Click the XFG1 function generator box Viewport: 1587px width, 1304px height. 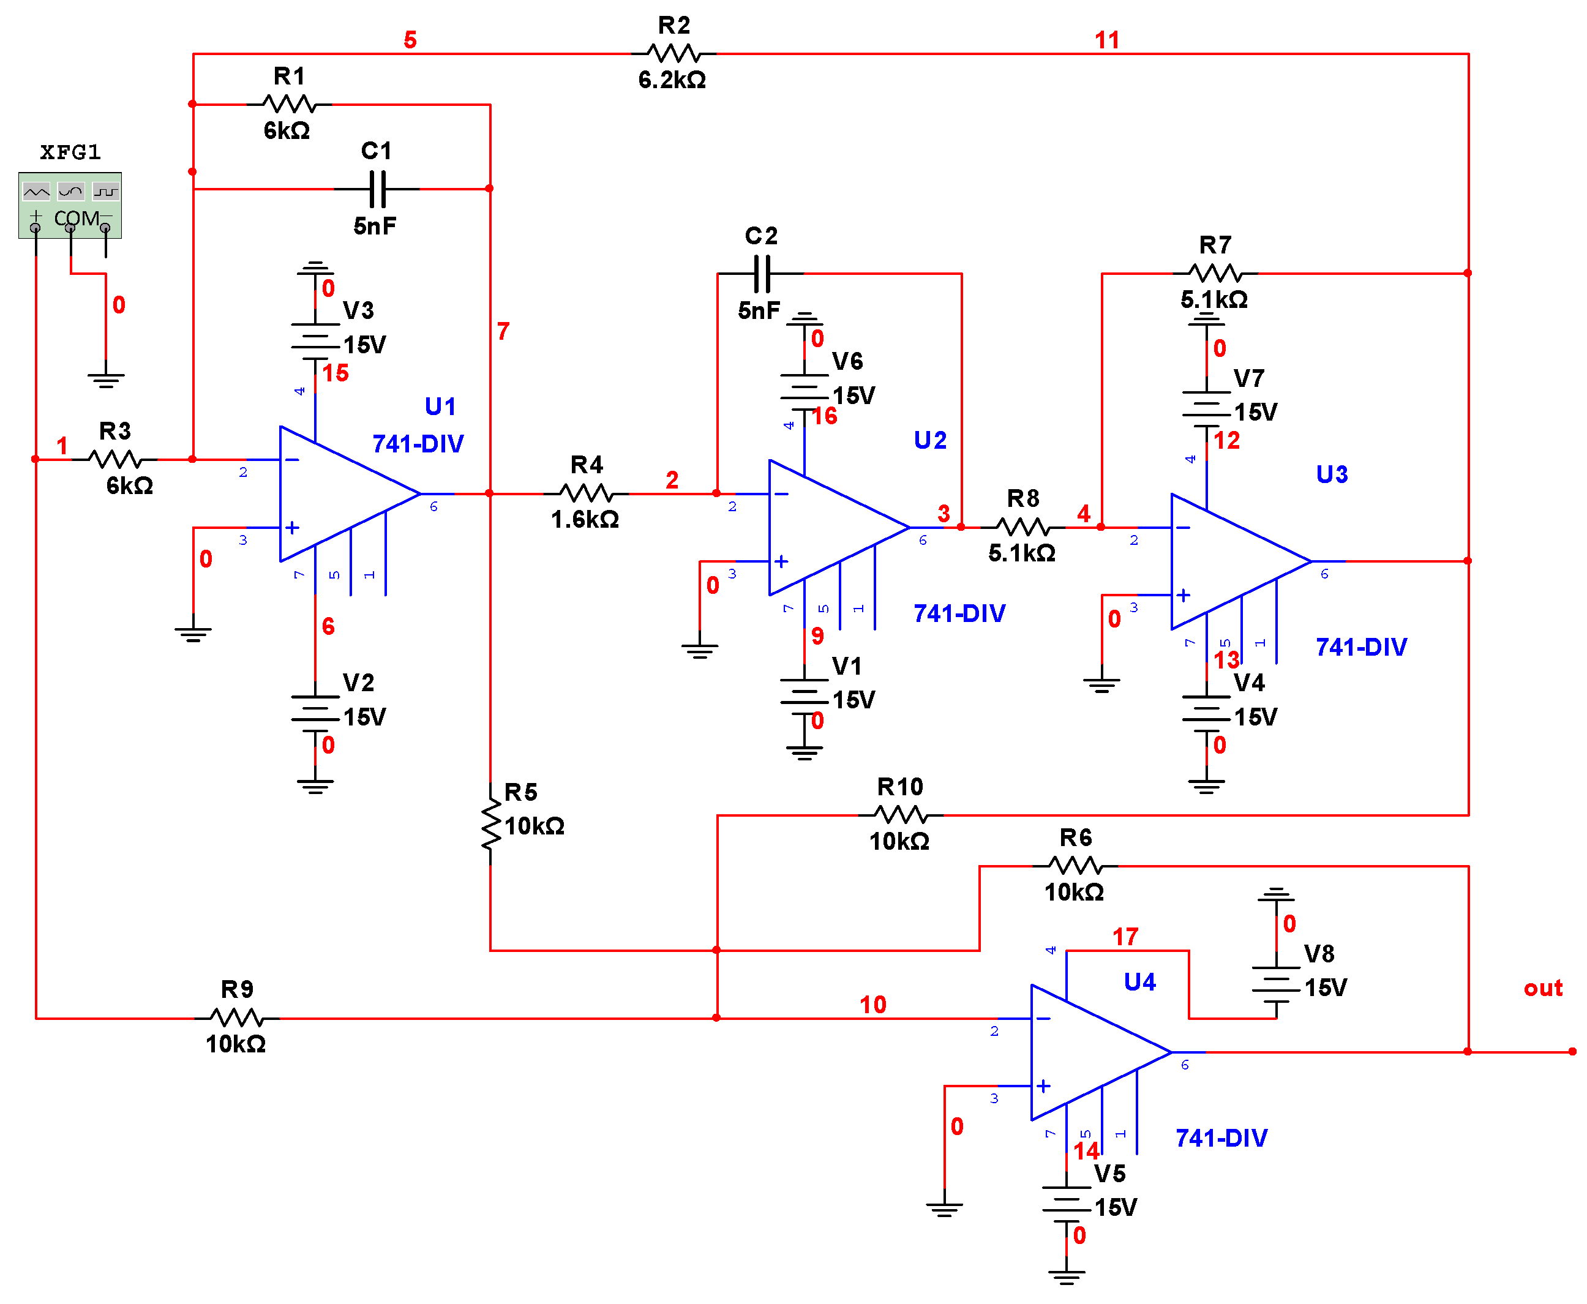[70, 205]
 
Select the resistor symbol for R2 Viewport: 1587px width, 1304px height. [673, 54]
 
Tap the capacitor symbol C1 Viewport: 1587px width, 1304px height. [377, 189]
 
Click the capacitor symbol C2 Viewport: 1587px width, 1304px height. [761, 274]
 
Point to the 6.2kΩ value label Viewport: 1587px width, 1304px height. [672, 80]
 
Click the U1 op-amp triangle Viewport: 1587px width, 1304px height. [338, 493]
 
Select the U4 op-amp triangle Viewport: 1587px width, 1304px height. [1089, 1051]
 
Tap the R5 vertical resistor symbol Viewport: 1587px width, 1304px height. [490, 824]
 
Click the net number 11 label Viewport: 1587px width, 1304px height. [1106, 40]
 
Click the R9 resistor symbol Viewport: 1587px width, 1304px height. [236, 1018]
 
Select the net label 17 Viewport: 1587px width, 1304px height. [1124, 936]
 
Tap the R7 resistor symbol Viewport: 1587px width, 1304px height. [1215, 274]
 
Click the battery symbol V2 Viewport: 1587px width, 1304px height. [315, 712]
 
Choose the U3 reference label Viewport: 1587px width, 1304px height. [1331, 474]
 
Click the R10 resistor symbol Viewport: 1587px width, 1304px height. [900, 814]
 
